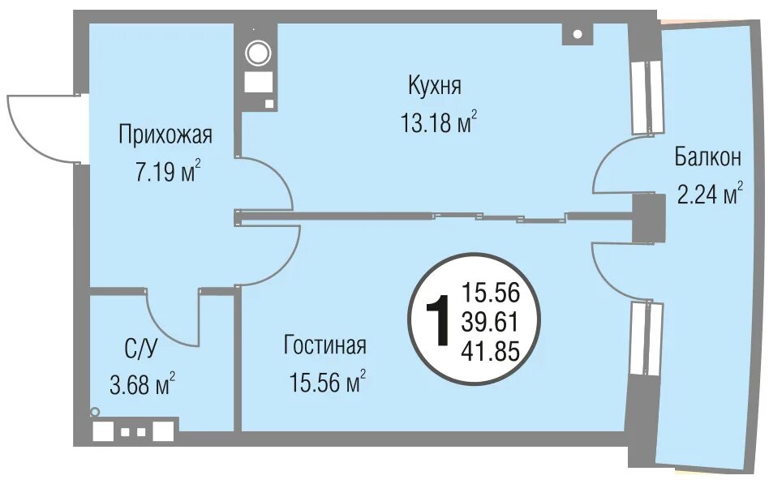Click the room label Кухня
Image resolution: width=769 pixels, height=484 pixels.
click(x=435, y=85)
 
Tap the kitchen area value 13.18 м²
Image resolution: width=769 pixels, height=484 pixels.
click(x=439, y=122)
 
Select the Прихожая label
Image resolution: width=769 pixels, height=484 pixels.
click(x=165, y=135)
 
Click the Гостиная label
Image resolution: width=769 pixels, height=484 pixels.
click(x=325, y=345)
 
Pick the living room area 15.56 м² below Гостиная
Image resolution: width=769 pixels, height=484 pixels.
click(x=327, y=382)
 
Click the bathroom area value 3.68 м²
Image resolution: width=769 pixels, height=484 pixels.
click(x=142, y=384)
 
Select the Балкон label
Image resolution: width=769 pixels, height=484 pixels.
click(x=707, y=157)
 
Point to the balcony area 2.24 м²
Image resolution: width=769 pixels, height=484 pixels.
click(x=709, y=193)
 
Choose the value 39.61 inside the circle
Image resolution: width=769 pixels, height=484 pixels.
click(x=490, y=322)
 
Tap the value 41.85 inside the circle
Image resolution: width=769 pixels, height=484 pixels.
click(x=490, y=351)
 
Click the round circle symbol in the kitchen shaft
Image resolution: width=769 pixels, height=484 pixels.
click(x=258, y=53)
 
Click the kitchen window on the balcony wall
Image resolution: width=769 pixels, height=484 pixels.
click(x=646, y=97)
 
